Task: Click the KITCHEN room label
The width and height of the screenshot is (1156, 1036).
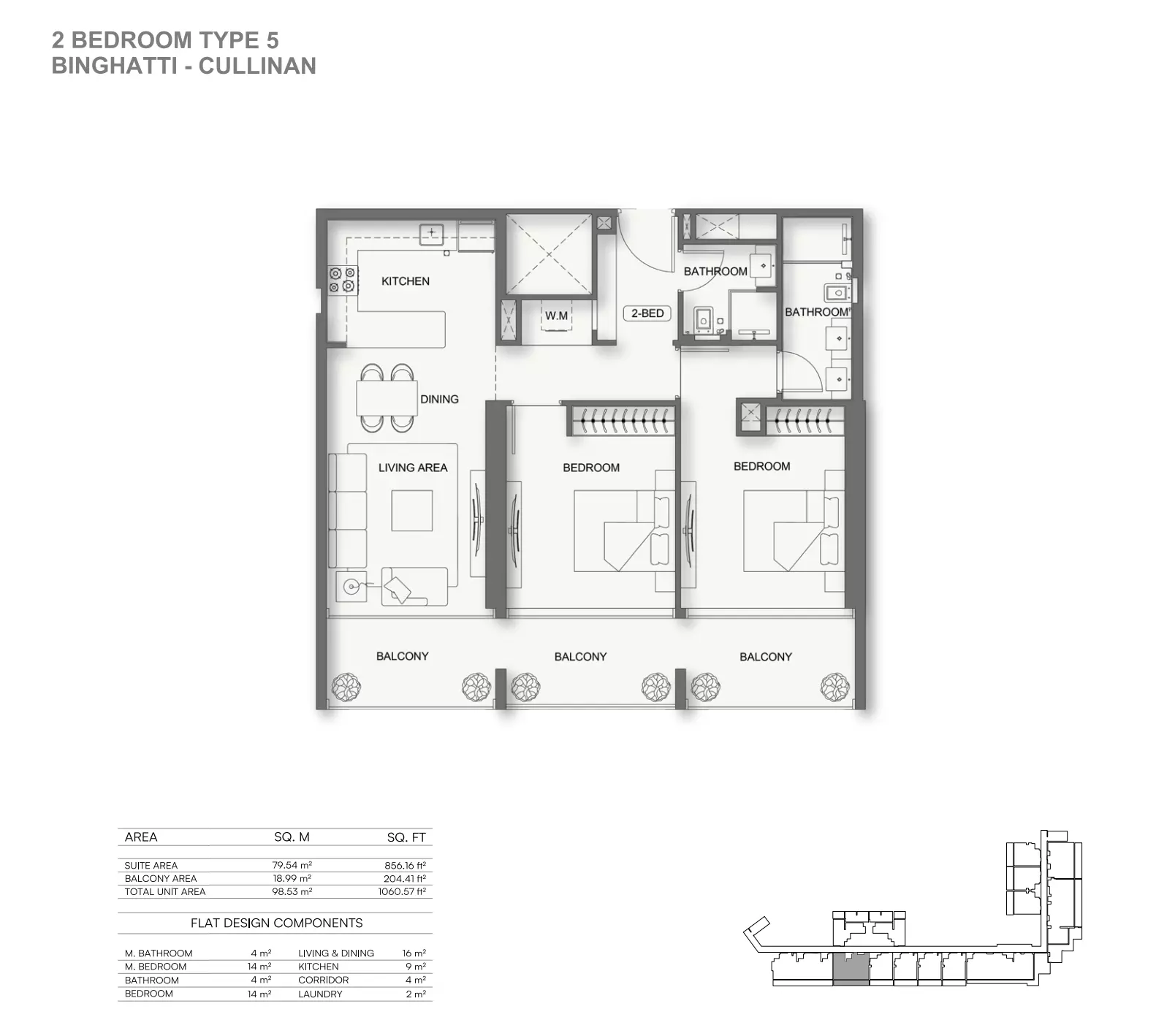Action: click(406, 281)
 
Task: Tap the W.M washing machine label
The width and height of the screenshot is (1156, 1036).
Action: click(556, 316)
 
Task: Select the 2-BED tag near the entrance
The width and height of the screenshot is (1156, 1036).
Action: click(647, 313)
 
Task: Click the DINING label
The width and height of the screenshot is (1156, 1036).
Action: click(439, 400)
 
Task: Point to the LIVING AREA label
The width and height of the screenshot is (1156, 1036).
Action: click(413, 468)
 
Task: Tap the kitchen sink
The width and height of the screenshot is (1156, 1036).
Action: click(432, 234)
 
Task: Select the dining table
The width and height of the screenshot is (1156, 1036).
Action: click(387, 398)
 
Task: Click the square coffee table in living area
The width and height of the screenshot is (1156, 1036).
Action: click(412, 510)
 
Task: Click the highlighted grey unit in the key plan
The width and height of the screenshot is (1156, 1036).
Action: click(851, 970)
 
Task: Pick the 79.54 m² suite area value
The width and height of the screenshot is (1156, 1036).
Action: click(292, 866)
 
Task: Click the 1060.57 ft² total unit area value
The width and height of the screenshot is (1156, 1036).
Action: click(402, 892)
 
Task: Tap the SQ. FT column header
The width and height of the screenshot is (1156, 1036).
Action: click(406, 837)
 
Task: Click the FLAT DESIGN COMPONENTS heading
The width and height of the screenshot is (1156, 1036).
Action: click(276, 923)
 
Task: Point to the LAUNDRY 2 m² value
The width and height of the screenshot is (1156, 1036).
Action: click(416, 994)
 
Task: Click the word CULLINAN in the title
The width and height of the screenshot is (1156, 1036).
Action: click(257, 66)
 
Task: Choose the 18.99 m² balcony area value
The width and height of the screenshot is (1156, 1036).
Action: click(292, 879)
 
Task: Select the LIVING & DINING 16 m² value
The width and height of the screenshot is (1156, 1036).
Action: click(414, 953)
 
